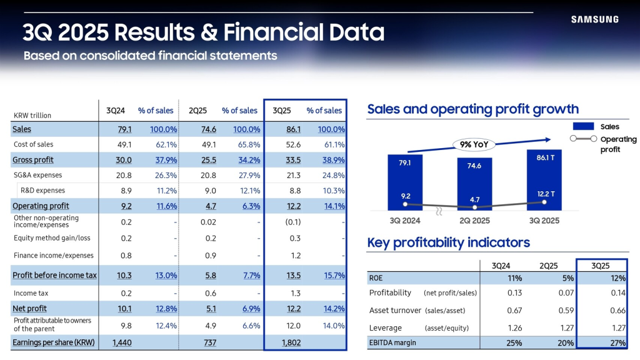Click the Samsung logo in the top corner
click(594, 19)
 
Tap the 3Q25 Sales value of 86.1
click(277, 129)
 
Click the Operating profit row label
click(41, 206)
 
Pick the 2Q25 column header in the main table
click(198, 111)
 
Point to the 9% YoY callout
click(474, 144)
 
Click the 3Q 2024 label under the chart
click(405, 221)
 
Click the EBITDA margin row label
click(392, 342)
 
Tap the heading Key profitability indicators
click(448, 242)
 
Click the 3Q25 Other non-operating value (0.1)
click(277, 222)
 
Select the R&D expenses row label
click(42, 191)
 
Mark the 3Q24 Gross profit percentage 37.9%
click(163, 160)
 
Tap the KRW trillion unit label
click(32, 116)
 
